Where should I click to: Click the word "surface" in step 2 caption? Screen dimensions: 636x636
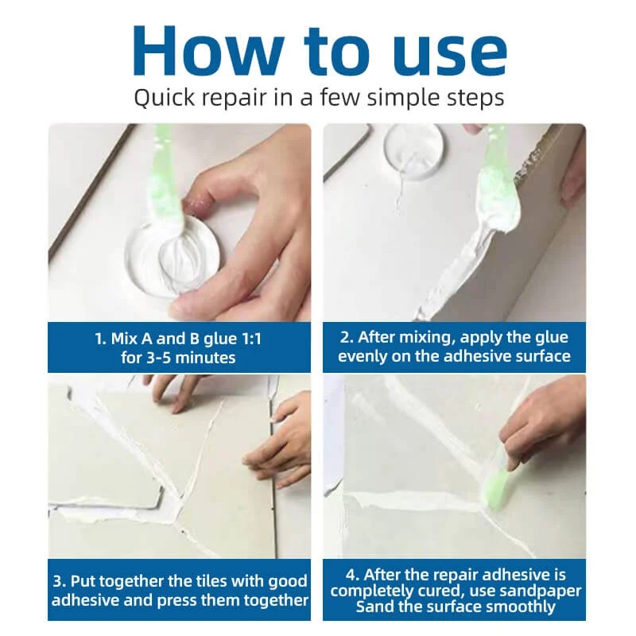pyautogui.click(x=540, y=356)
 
